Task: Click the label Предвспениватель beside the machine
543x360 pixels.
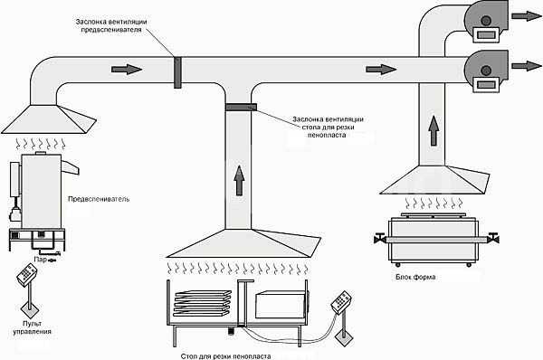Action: pyautogui.click(x=99, y=199)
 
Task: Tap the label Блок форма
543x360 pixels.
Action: pyautogui.click(x=415, y=277)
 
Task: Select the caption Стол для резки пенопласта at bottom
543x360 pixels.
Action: pyautogui.click(x=225, y=356)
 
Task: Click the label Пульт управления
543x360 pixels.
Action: pyautogui.click(x=33, y=327)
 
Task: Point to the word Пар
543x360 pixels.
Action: pyautogui.click(x=40, y=259)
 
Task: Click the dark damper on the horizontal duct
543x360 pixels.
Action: pyautogui.click(x=177, y=72)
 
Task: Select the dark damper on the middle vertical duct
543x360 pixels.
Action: pyautogui.click(x=241, y=107)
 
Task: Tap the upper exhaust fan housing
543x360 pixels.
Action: pyautogui.click(x=486, y=22)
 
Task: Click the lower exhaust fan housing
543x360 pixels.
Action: pyautogui.click(x=486, y=71)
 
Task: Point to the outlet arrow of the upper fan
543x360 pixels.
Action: pyautogui.click(x=527, y=16)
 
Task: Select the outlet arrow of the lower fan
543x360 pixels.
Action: pyautogui.click(x=527, y=66)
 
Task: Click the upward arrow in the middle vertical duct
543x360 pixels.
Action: pyautogui.click(x=239, y=180)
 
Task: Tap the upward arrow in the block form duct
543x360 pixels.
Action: pyautogui.click(x=433, y=130)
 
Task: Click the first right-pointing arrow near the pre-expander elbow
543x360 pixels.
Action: pyautogui.click(x=127, y=70)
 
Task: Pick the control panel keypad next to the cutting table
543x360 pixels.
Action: pyautogui.click(x=341, y=302)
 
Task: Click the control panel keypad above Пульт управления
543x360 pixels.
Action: pyautogui.click(x=26, y=275)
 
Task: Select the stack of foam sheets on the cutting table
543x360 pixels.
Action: pyautogui.click(x=202, y=303)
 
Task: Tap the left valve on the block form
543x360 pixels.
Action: pyautogui.click(x=380, y=238)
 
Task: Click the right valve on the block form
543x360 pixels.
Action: pyautogui.click(x=493, y=238)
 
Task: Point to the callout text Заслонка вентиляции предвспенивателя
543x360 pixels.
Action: pyautogui.click(x=111, y=25)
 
